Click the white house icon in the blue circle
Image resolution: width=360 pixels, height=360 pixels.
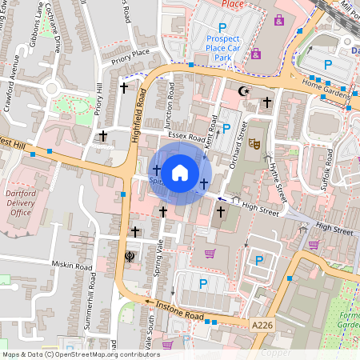(180, 171)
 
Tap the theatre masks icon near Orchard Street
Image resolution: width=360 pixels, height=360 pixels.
(255, 144)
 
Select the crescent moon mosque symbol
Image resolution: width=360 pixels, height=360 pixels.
(245, 91)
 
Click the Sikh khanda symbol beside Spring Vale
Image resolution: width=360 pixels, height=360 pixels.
(130, 257)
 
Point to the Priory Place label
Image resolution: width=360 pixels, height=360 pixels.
(130, 52)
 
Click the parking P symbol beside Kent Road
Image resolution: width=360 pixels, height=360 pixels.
(226, 126)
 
